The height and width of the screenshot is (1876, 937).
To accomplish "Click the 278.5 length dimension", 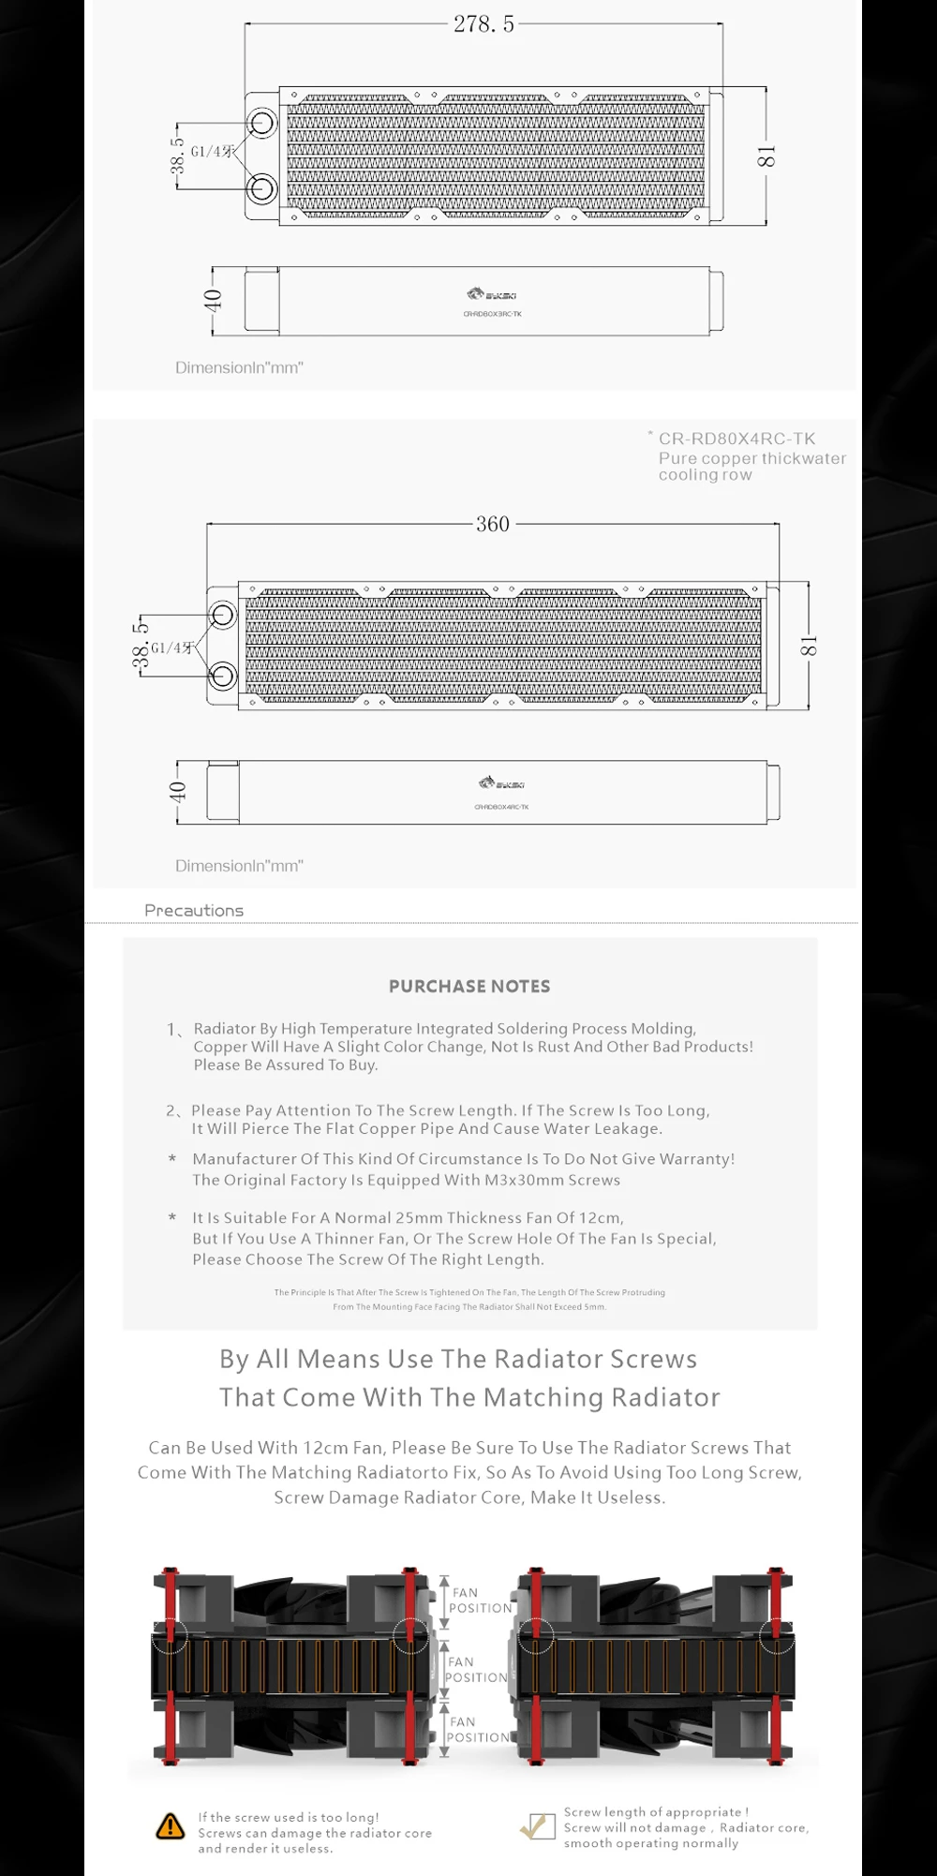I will coord(483,24).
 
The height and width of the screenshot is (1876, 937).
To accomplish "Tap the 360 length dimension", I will coord(493,524).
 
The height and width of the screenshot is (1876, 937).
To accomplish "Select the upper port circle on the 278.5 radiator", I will coord(261,124).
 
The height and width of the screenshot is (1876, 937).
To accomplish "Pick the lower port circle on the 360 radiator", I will coord(222,675).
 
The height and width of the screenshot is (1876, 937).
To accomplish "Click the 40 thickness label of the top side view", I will coord(213,300).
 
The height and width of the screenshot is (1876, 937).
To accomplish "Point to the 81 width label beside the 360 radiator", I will coord(809,646).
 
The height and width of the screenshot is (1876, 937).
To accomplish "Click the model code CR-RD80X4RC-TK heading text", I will coord(736,439).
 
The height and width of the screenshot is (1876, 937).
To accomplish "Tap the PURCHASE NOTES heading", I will coord(469,987).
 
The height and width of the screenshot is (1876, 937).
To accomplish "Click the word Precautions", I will coord(194,911).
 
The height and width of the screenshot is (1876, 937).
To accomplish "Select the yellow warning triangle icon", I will coord(171,1825).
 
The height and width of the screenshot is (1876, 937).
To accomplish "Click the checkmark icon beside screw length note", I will coord(538,1825).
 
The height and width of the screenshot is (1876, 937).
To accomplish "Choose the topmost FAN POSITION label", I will coord(480,1600).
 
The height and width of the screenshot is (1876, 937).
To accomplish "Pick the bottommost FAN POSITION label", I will coord(478,1729).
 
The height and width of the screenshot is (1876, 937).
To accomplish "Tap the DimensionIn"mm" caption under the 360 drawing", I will coord(239,866).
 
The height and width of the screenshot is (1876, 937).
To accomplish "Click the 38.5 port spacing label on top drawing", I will coord(177,156).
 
